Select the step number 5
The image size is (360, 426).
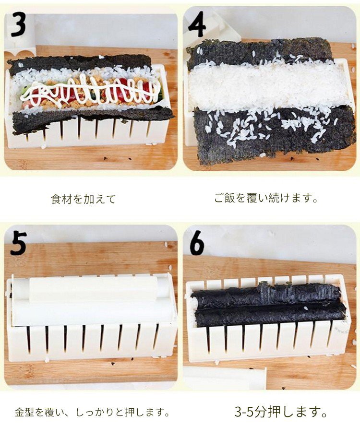[19, 243]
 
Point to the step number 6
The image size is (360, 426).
[197, 243]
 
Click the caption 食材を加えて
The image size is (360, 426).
[84, 199]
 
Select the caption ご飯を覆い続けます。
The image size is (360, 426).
[266, 198]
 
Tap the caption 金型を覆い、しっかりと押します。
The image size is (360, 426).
[92, 413]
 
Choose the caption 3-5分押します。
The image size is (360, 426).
[281, 412]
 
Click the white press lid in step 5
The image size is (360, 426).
[93, 300]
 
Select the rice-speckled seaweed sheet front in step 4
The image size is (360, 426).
[275, 134]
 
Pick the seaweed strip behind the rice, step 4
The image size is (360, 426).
[261, 52]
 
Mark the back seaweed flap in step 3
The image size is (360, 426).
[79, 64]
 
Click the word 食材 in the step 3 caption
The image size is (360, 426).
[61, 199]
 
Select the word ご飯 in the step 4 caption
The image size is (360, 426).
[224, 198]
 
